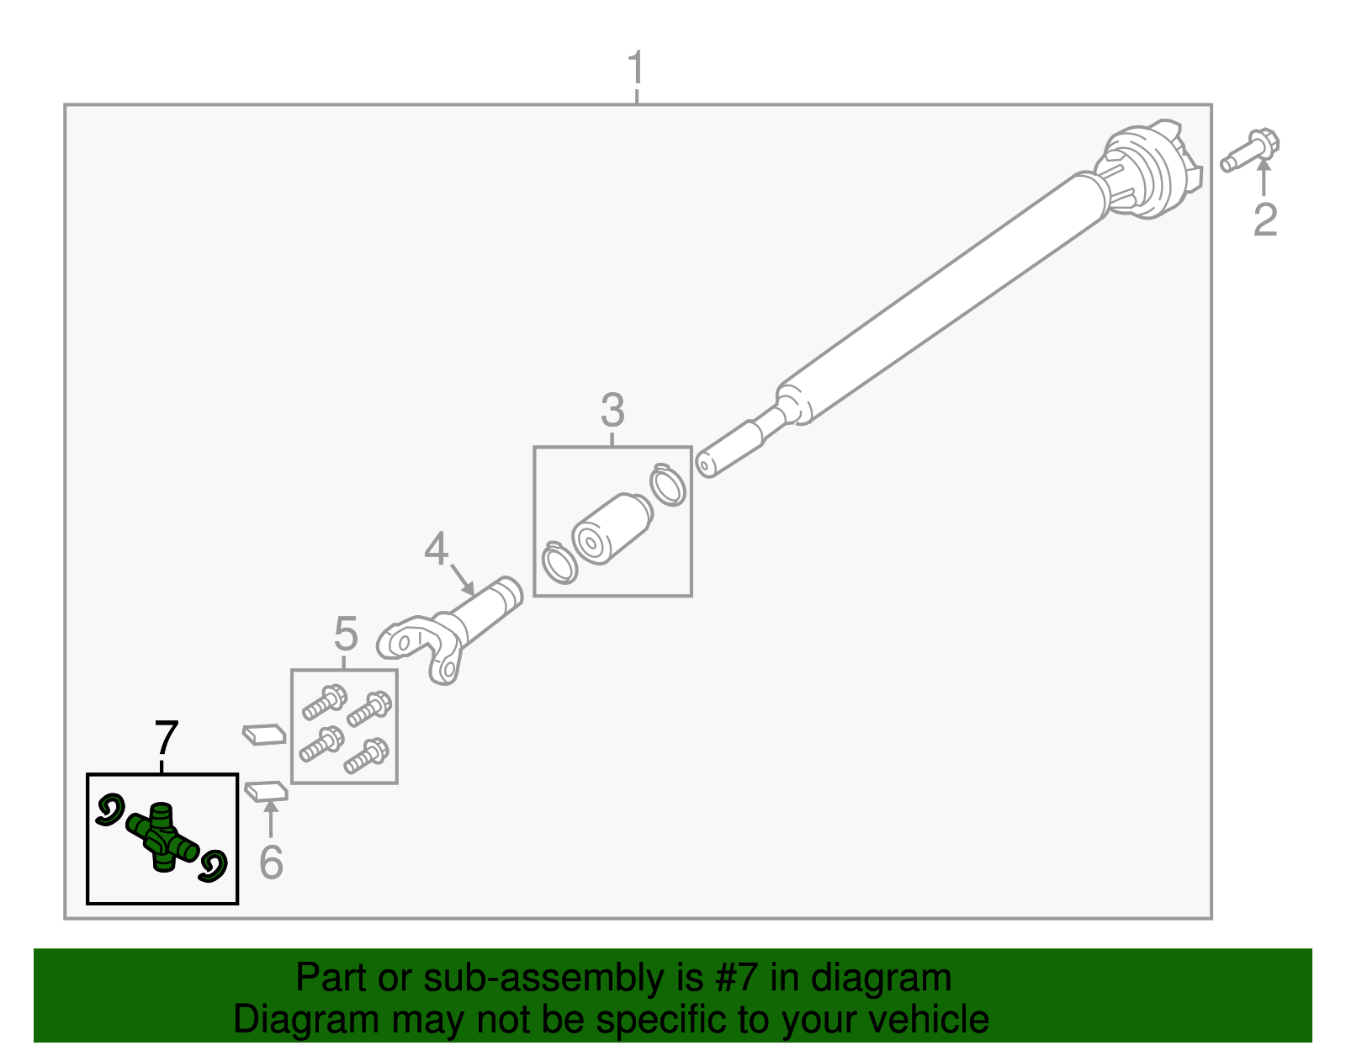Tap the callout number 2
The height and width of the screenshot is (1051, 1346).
1264,219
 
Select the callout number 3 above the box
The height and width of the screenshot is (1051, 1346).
612,410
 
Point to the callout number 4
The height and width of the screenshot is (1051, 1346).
436,549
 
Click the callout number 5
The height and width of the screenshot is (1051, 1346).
346,633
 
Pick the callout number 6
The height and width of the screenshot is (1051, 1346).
271,862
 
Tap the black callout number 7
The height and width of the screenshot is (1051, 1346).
167,738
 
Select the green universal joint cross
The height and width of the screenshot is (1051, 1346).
162,836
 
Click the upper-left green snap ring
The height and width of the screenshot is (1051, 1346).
110,809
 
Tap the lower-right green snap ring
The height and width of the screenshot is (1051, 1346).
214,866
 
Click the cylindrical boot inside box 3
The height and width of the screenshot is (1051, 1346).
612,528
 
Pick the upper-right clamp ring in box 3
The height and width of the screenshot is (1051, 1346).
668,485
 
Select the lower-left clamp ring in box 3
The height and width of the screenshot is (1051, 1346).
559,562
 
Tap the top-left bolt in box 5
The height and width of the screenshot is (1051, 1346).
325,702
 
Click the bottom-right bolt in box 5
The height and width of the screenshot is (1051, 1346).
367,756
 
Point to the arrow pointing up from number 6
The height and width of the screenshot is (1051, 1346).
270,816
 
